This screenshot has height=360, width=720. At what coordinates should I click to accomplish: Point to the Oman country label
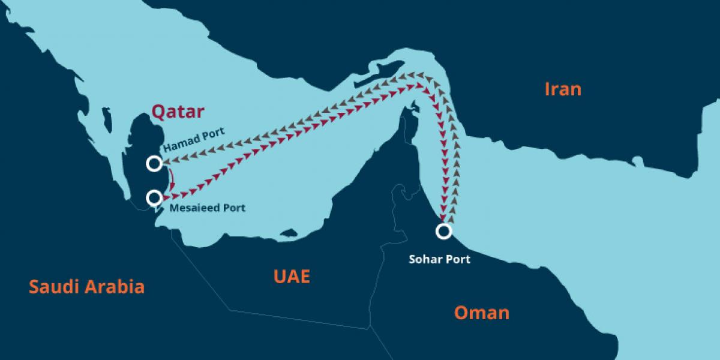[x=481, y=313]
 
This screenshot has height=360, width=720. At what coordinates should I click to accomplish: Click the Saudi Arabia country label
[x=87, y=286]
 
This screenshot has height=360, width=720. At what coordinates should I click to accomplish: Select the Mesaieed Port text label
[x=208, y=208]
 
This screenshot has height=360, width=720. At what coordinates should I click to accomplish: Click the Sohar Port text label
[x=439, y=260]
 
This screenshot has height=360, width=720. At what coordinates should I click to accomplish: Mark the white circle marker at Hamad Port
[x=154, y=163]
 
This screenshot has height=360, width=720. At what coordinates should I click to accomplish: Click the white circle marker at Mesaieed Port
[x=154, y=197]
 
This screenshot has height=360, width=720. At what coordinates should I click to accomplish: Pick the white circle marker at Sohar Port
[x=443, y=231]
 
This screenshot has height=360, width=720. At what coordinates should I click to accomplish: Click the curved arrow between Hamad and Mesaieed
[x=173, y=179]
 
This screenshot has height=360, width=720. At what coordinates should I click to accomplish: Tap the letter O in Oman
[x=461, y=313]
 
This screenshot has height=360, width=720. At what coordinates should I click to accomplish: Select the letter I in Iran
[x=547, y=89]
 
